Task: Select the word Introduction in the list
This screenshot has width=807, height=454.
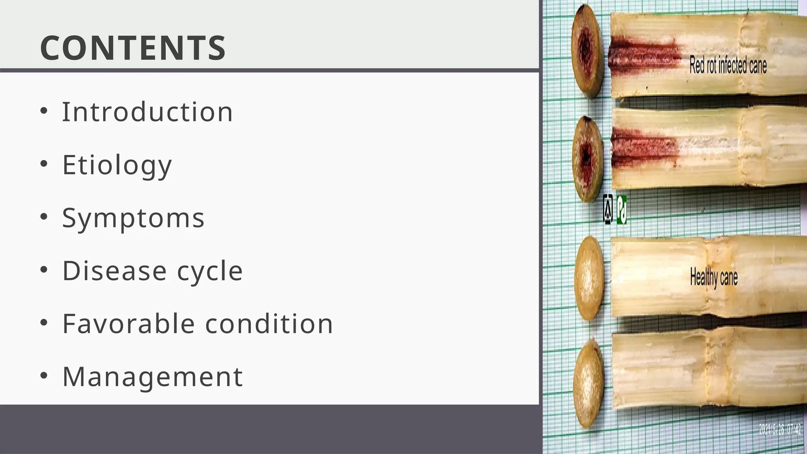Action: click(x=148, y=112)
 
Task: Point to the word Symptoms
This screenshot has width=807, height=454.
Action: click(x=133, y=218)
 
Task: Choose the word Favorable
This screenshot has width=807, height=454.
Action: click(x=128, y=324)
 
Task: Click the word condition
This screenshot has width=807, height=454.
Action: click(x=269, y=324)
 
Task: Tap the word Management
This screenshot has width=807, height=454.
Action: click(x=152, y=376)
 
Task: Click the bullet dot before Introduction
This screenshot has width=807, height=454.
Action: click(x=44, y=111)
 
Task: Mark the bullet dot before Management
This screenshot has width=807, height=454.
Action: click(x=44, y=376)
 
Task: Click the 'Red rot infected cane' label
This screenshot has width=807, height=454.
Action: click(x=728, y=65)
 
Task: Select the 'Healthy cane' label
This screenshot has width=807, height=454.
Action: click(x=714, y=277)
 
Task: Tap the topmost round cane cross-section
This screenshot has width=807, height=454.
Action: click(x=588, y=51)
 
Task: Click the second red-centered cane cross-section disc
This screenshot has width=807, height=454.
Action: click(x=587, y=159)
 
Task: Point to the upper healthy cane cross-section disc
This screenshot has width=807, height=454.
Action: click(x=589, y=278)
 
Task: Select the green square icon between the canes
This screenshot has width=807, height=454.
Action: click(x=621, y=210)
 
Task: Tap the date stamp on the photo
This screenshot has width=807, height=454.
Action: click(x=780, y=429)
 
